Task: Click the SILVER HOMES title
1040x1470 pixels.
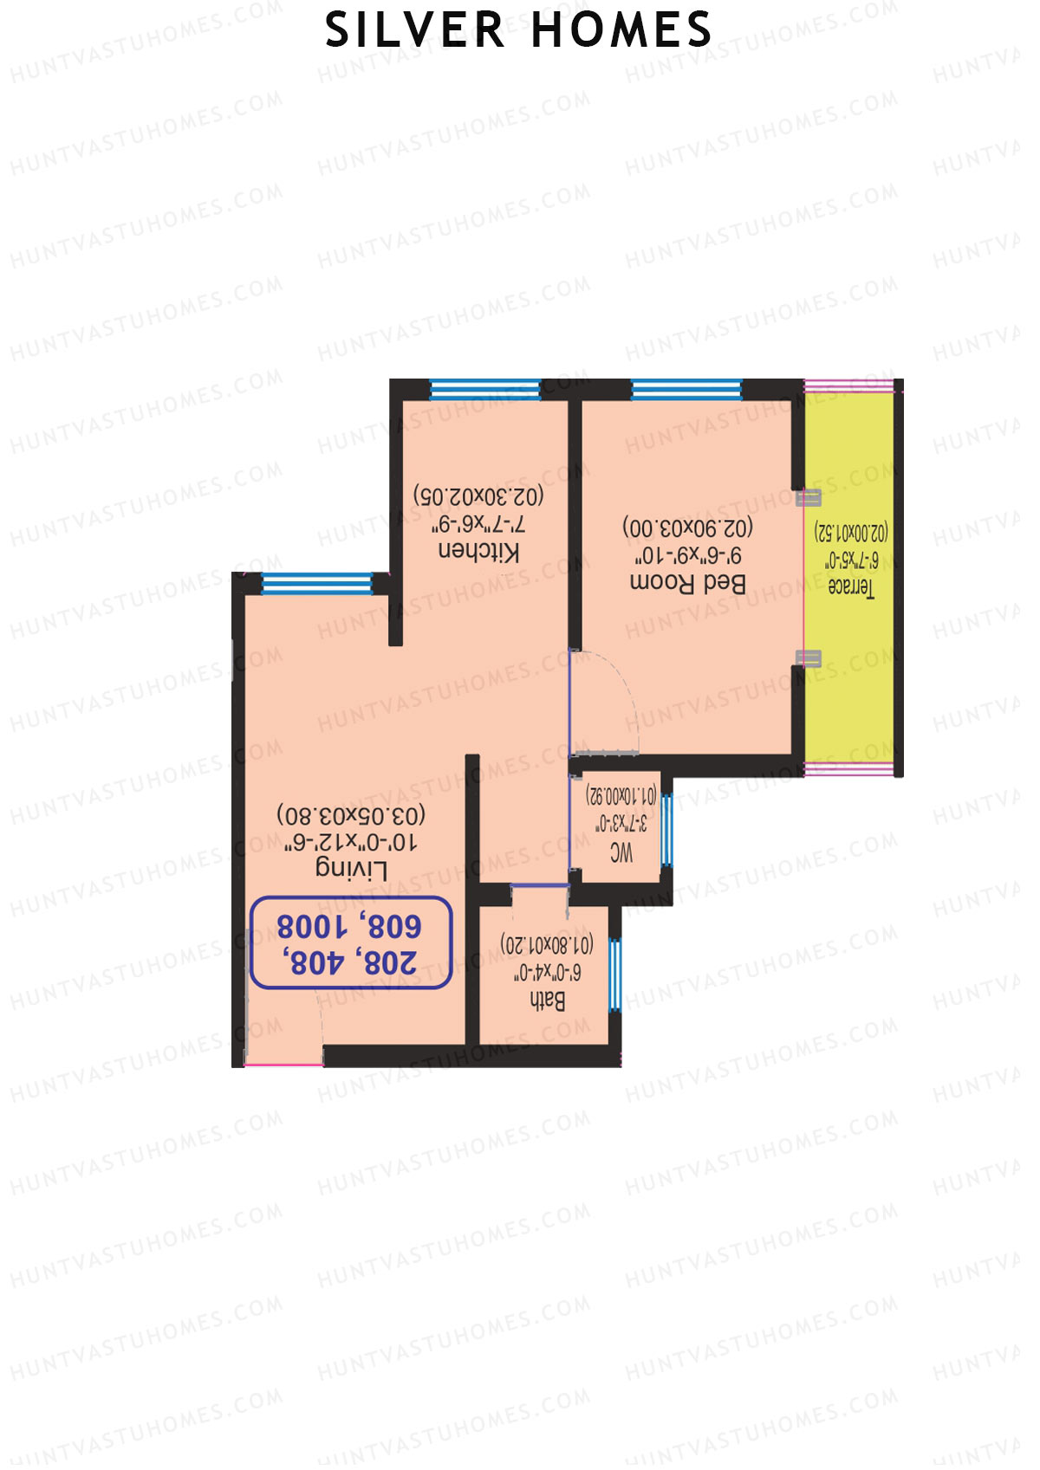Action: (518, 30)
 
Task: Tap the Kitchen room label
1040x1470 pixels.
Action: (478, 552)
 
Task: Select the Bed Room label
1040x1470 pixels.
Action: (687, 583)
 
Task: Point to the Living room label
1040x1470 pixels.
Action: (351, 869)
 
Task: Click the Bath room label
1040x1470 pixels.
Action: (548, 1001)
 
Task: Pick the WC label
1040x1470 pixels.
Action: (621, 853)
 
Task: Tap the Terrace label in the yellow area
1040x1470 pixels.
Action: (851, 587)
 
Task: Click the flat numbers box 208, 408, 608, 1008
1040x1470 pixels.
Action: (350, 942)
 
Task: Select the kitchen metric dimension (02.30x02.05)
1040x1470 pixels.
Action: (478, 496)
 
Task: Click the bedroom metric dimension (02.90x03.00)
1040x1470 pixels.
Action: (687, 527)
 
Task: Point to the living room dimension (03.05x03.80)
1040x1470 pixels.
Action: (351, 815)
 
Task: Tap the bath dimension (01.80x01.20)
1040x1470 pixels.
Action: (548, 944)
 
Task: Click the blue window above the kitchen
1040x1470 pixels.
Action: (484, 390)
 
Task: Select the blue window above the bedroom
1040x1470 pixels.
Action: (686, 390)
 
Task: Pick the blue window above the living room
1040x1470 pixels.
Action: (316, 584)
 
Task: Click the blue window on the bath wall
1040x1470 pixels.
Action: (615, 974)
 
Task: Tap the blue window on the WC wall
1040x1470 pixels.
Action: (666, 830)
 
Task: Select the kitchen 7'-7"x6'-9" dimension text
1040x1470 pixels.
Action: (478, 524)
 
